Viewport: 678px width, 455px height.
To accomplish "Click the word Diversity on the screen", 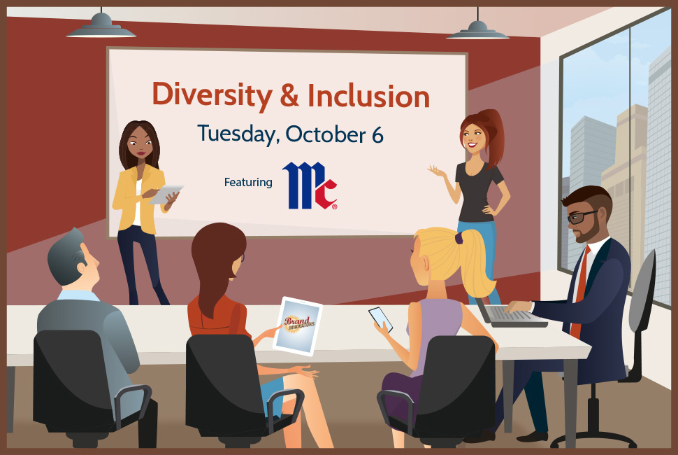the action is point(212,94).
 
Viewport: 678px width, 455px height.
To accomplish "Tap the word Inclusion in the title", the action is point(368,95).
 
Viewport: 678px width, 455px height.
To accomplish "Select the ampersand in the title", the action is point(289,95).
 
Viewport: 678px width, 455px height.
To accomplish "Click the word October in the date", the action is point(326,134).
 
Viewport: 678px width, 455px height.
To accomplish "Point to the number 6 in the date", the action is point(377,135).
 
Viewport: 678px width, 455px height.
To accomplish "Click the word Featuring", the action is point(248,182).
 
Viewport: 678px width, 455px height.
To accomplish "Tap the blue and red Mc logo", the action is point(310,185).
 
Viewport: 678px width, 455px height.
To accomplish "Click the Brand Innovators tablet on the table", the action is point(298,326).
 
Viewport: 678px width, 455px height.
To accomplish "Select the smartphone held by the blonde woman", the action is point(381,319).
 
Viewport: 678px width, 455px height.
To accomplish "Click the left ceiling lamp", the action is point(101,27).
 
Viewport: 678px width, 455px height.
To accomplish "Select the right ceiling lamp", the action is point(478,29).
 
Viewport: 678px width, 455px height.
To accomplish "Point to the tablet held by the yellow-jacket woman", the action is point(166,194).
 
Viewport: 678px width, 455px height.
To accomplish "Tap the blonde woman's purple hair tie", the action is point(459,237).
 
